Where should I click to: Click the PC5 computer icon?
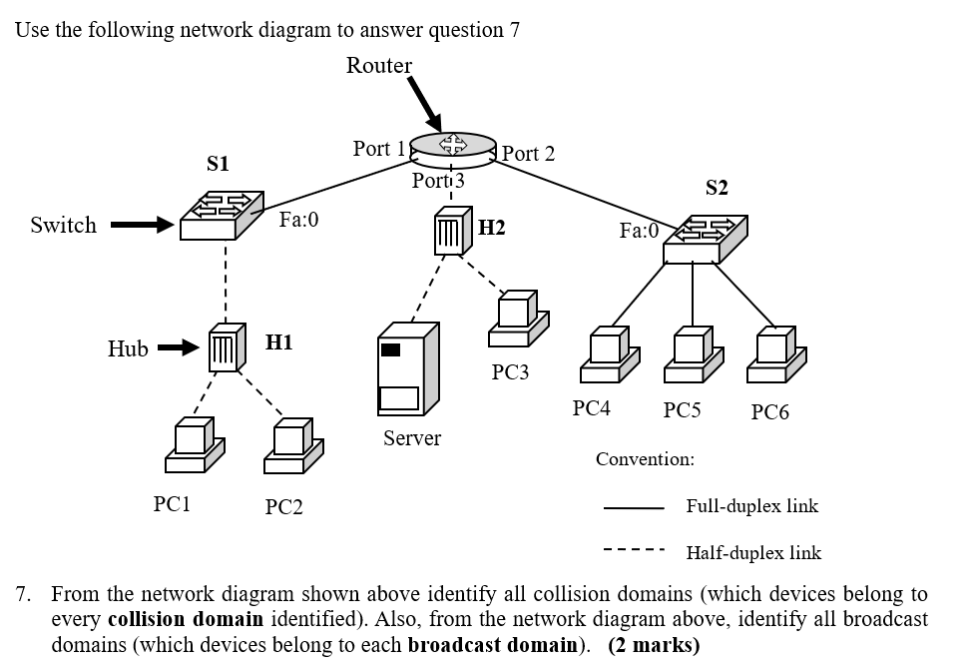(692, 355)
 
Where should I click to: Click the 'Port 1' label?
(378, 149)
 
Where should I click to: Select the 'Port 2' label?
(528, 154)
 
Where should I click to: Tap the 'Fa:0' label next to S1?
(298, 219)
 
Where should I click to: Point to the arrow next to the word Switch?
(141, 225)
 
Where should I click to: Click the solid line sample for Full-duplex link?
(633, 506)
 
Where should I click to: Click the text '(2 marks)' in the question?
(654, 645)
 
